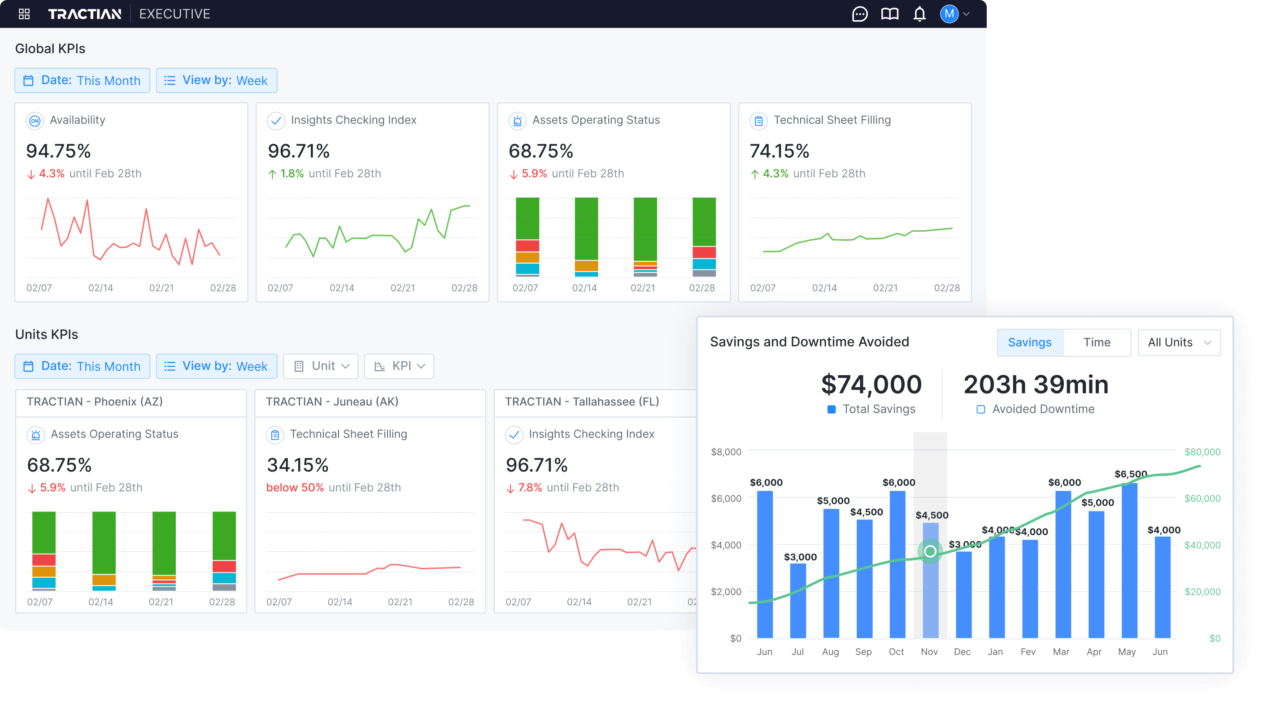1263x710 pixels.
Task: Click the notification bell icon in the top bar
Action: click(x=919, y=14)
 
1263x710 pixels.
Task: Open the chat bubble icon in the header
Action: click(x=859, y=14)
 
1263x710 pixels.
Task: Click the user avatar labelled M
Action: click(x=949, y=14)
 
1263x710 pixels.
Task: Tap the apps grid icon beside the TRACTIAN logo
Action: click(x=24, y=14)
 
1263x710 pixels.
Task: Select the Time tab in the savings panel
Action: click(x=1097, y=342)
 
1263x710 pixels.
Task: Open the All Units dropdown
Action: click(x=1179, y=342)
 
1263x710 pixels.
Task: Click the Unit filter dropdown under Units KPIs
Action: click(x=321, y=366)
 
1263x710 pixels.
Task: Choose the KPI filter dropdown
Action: click(x=399, y=366)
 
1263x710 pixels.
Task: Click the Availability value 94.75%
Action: click(x=58, y=151)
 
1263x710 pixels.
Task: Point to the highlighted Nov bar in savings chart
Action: click(x=930, y=588)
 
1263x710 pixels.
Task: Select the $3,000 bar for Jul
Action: click(x=798, y=600)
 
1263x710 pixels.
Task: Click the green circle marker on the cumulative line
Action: click(x=930, y=551)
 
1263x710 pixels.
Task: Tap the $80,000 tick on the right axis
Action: click(x=1202, y=452)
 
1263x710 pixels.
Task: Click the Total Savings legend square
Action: click(x=832, y=409)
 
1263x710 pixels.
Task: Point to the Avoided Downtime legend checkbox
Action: click(x=980, y=409)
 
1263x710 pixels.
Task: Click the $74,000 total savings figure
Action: click(x=871, y=385)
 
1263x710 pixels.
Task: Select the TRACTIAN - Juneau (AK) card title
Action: click(x=332, y=402)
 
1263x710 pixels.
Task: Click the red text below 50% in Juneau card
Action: click(x=295, y=488)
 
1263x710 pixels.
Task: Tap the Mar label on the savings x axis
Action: click(x=1061, y=652)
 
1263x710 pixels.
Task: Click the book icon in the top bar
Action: click(x=889, y=14)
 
